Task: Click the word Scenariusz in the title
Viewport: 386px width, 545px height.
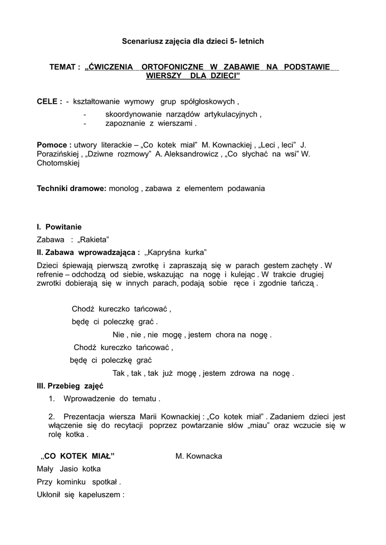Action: (x=140, y=40)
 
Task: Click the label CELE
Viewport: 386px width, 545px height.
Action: (x=47, y=101)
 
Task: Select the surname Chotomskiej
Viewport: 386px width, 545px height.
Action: (x=58, y=164)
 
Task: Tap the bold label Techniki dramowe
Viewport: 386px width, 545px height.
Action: (x=71, y=188)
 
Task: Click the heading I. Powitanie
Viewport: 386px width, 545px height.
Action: (x=59, y=227)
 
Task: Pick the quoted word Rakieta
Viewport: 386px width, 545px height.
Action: (x=93, y=240)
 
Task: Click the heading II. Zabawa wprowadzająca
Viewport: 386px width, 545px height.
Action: (x=88, y=252)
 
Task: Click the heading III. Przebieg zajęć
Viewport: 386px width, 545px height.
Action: (x=69, y=386)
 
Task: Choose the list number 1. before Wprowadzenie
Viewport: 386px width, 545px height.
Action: (x=52, y=398)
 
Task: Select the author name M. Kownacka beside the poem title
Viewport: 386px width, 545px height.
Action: (x=199, y=456)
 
